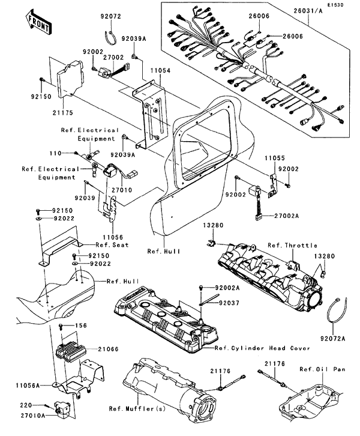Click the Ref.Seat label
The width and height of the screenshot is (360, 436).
93,246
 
